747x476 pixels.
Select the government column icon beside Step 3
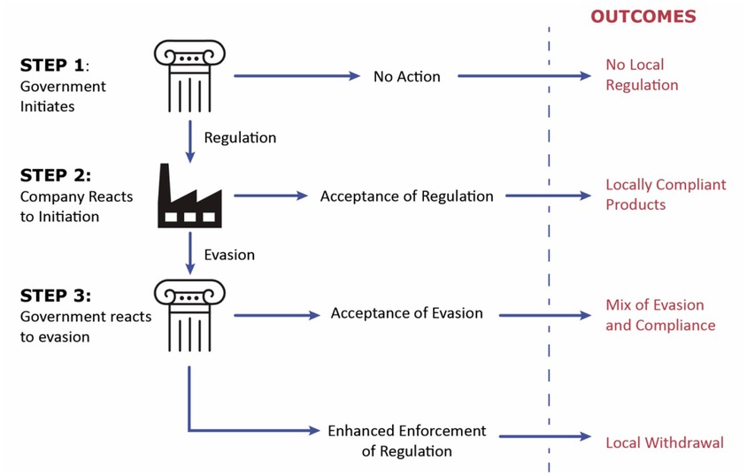[189, 315]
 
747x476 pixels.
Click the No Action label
[406, 76]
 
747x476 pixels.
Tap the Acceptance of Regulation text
[406, 196]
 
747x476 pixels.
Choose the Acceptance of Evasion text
[406, 313]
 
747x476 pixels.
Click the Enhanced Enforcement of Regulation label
[406, 441]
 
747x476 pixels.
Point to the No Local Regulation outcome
[641, 75]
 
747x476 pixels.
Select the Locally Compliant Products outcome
[665, 195]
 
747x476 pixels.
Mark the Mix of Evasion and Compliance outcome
[659, 315]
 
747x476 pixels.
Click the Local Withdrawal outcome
[664, 441]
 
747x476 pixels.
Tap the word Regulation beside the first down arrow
[240, 138]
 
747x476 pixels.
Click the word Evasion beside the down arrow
[229, 255]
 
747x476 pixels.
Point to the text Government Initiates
[63, 96]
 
